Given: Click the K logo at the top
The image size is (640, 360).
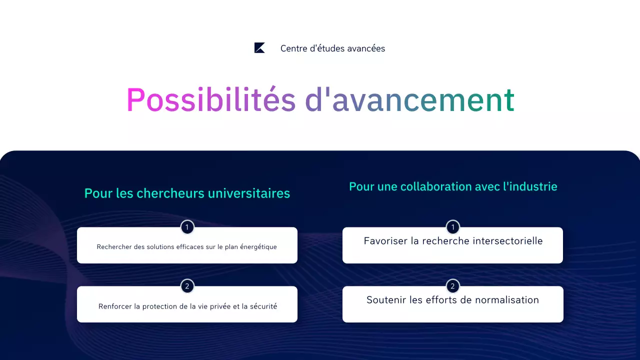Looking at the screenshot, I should point(259,48).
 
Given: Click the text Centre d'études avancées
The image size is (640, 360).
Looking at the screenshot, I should point(332,48).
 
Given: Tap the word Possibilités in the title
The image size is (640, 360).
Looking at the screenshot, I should point(210,100).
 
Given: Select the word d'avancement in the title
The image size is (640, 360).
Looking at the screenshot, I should point(409,100).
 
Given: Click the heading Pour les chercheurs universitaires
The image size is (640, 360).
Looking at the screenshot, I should point(187,193).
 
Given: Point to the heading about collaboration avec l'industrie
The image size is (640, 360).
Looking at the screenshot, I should point(453,186).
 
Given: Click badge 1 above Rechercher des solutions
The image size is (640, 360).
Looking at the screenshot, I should point(187,227).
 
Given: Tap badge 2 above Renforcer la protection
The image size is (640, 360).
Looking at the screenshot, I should point(187,286).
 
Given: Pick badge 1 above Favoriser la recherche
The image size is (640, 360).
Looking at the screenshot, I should point(452,227).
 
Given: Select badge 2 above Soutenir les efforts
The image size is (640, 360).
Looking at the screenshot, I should point(452,286).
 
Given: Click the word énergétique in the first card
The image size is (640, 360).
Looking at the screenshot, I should point(257,247).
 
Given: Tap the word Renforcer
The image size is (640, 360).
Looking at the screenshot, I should point(115,306).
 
